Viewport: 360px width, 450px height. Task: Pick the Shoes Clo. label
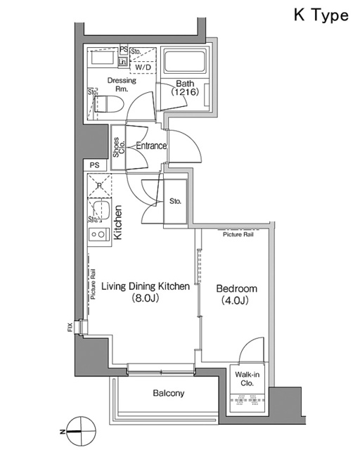coord(119,146)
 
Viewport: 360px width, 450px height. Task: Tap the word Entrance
coord(150,146)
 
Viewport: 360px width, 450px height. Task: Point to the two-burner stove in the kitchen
coord(98,235)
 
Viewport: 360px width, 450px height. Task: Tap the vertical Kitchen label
coord(119,223)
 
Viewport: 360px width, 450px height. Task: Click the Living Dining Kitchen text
coord(146,287)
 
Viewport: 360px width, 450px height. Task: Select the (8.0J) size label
coord(146,299)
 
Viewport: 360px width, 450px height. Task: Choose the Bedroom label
coord(236,289)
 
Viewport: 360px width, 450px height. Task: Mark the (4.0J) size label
coord(236,301)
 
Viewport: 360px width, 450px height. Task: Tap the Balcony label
coord(169,394)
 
